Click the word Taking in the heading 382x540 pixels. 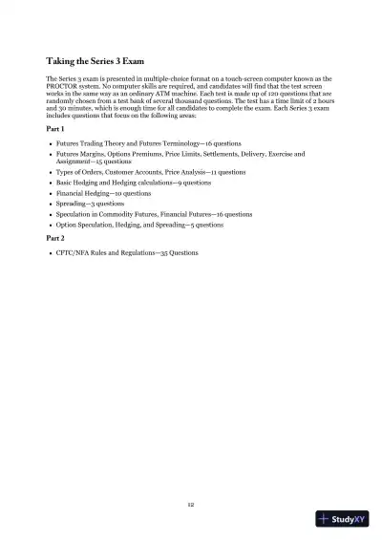pos(63,60)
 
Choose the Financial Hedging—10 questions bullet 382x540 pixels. pos(103,193)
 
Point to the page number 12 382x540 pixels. pos(191,503)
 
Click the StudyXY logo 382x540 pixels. pos(341,519)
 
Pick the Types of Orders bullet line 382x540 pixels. pos(150,172)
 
